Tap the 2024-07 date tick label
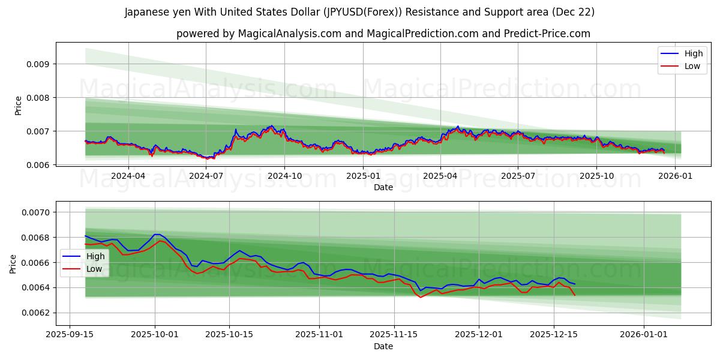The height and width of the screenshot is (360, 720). pos(206,176)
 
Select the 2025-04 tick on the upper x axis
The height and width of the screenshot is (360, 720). pos(440,176)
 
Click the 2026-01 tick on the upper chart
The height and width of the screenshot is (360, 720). pos(675,176)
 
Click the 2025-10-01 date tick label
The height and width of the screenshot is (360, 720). pos(155,335)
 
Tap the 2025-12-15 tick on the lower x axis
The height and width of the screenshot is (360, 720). pos(553,335)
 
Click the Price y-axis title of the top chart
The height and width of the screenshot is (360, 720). pos(18,105)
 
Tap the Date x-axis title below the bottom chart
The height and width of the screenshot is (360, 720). pos(383,346)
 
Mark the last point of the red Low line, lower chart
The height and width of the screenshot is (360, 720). pos(575,295)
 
